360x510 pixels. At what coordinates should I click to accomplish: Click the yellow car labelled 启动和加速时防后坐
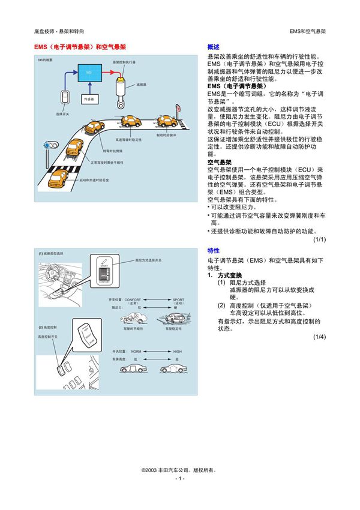[x=59, y=178]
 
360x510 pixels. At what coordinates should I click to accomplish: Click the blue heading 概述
[x=213, y=46]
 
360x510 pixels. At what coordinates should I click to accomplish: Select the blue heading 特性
[x=213, y=251]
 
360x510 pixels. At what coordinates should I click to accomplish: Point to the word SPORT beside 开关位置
[x=179, y=299]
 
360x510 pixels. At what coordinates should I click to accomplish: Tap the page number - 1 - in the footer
[x=179, y=479]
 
